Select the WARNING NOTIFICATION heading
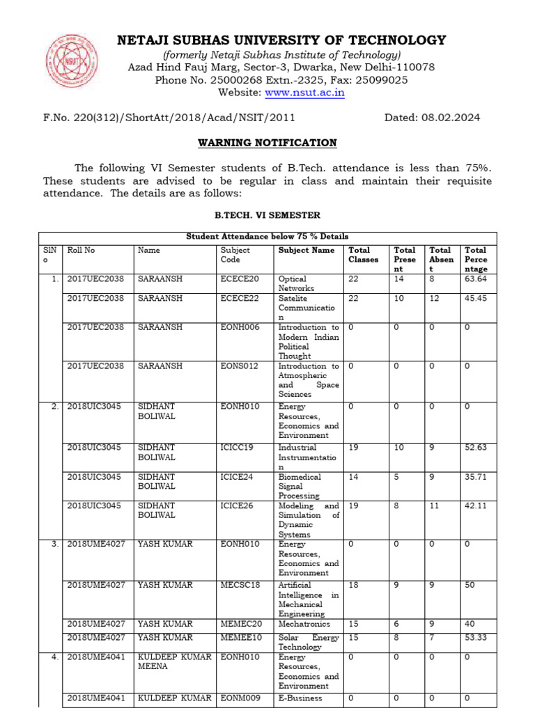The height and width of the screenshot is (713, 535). point(267,143)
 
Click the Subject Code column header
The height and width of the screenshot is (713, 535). point(235,255)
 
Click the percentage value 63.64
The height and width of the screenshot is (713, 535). point(476,279)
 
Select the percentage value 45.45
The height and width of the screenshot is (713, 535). point(476,298)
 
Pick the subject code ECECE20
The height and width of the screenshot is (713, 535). point(239,279)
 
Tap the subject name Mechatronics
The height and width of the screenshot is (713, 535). point(304,624)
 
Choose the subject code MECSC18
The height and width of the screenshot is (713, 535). point(240,586)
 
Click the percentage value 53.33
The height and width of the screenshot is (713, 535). point(476,637)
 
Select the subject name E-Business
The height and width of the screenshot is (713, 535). point(300,698)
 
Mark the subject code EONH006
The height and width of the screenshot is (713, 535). point(240,327)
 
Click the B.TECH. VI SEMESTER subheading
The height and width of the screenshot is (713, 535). point(267,216)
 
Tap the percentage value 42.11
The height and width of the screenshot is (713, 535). point(476,506)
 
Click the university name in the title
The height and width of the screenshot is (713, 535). point(281,40)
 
